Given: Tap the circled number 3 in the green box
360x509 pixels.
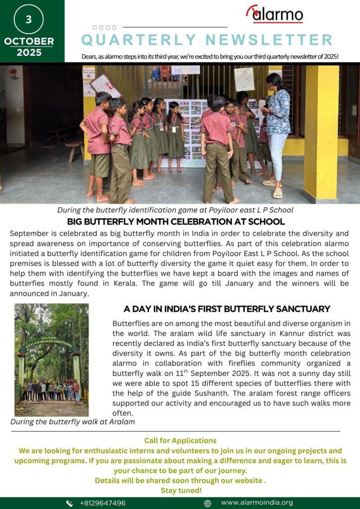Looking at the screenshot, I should coord(28,19).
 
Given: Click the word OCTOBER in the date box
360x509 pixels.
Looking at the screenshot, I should coord(29,41).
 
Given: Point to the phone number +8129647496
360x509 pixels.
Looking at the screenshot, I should coord(102,503).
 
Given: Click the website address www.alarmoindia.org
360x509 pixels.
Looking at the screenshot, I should coord(257,503).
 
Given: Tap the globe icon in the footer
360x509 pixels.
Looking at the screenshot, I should coord(207,503).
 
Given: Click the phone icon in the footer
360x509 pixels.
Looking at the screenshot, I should coord(70,503).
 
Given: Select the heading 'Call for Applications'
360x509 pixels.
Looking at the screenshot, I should coord(180,440).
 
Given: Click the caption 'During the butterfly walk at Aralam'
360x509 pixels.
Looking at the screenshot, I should coord(73,422).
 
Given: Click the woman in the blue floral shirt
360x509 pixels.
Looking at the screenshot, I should coord(277,129).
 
